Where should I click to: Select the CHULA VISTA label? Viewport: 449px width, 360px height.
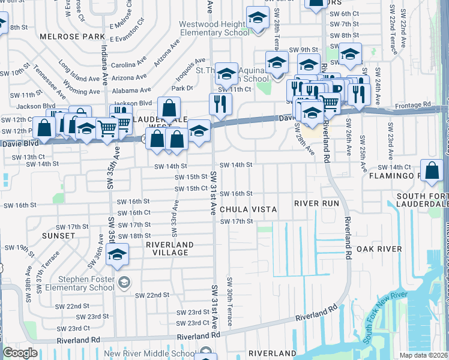(x=248, y=209)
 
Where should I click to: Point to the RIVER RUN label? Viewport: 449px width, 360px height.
(x=316, y=203)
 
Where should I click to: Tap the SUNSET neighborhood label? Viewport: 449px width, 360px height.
(x=58, y=236)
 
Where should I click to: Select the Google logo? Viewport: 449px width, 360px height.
(x=20, y=353)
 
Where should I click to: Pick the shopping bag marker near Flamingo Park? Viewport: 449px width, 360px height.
(x=432, y=170)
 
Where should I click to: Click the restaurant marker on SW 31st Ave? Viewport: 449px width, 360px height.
(x=221, y=104)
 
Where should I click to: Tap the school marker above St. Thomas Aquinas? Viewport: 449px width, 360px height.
(x=226, y=74)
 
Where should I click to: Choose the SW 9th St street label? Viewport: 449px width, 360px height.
(x=302, y=50)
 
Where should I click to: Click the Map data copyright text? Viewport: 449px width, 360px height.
(x=422, y=355)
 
